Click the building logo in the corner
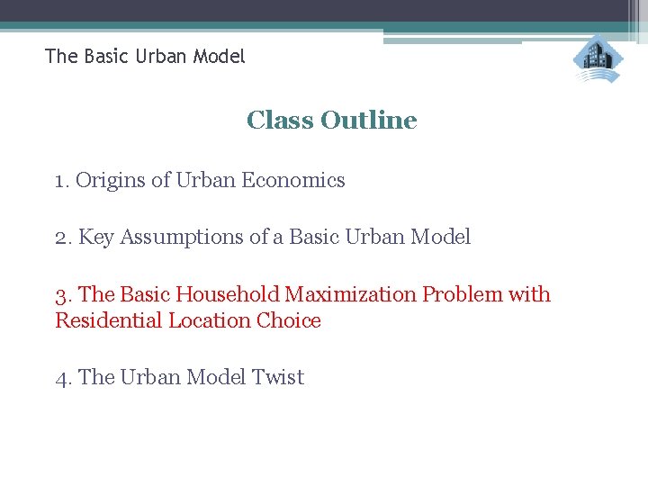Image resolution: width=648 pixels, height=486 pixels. click(598, 59)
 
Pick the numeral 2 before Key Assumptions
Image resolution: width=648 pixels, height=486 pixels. click(60, 238)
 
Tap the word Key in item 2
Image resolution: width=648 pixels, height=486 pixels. click(97, 238)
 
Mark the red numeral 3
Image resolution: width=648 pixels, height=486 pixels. click(61, 295)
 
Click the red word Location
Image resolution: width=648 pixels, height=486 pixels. click(209, 321)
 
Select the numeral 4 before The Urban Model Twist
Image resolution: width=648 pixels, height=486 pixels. click(61, 378)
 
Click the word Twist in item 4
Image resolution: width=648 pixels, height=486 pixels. click(279, 378)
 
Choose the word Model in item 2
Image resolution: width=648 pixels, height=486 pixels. click(440, 238)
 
